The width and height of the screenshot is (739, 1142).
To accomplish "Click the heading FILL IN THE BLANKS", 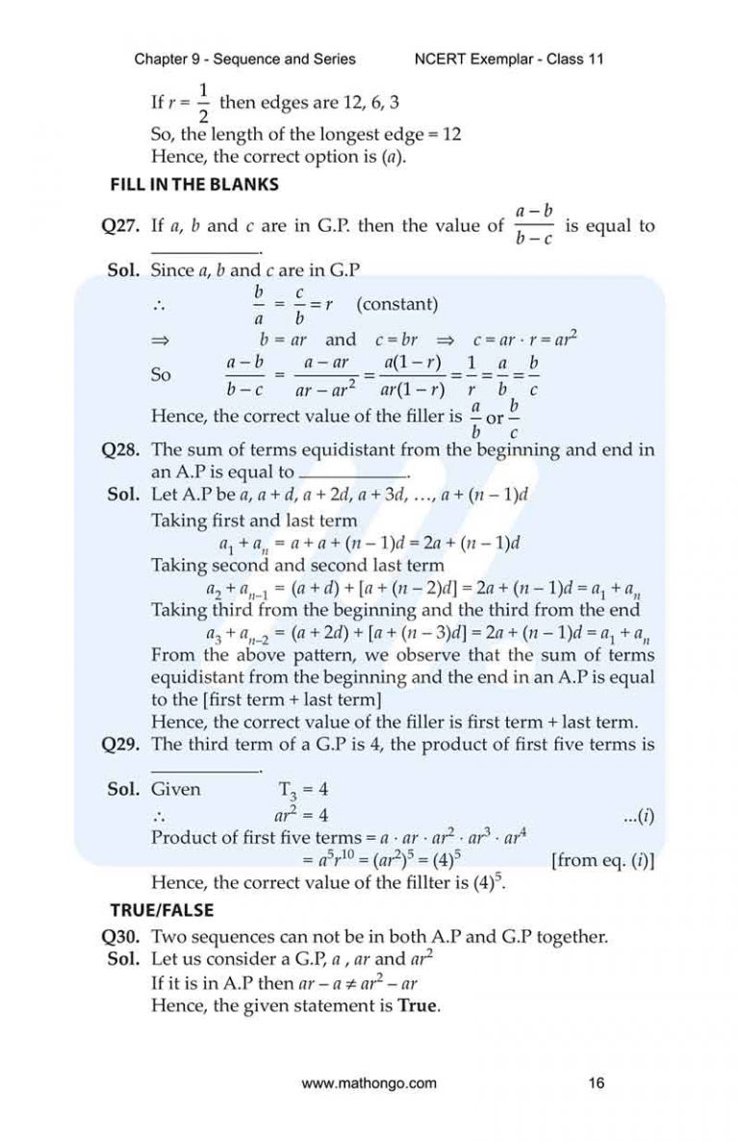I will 194,184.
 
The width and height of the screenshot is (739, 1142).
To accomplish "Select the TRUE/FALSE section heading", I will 162,909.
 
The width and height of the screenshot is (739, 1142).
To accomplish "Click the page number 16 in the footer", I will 596,1083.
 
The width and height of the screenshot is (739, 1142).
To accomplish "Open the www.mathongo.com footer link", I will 369,1083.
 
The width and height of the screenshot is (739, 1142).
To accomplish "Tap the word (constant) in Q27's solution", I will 396,305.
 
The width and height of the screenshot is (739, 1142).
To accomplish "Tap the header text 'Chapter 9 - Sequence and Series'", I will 244,59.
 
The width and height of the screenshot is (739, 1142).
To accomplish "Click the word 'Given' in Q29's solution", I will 176,790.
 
